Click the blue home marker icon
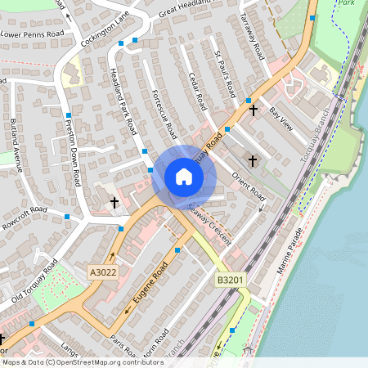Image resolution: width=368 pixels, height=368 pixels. click(184, 177)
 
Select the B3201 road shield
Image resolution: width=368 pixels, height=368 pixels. click(229, 280)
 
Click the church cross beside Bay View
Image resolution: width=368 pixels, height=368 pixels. click(254, 110)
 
